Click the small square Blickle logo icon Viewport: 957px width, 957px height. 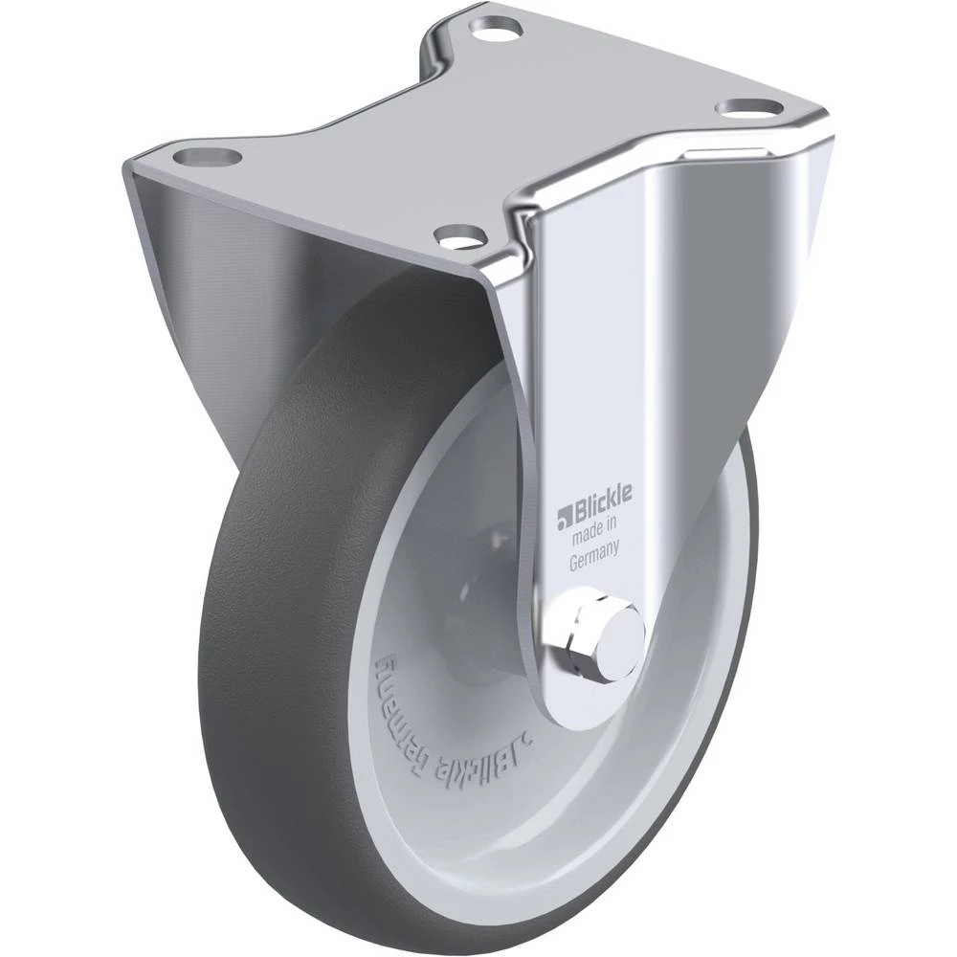pyautogui.click(x=563, y=518)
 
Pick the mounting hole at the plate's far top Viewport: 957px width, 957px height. pyautogui.click(x=496, y=27)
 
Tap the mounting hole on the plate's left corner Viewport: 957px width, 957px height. pyautogui.click(x=207, y=156)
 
